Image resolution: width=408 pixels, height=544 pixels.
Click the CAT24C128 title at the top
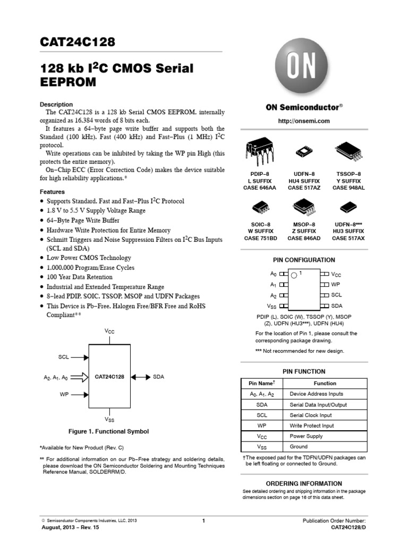pos(78,42)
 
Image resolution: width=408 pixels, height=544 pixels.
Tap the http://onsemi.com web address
pos(304,121)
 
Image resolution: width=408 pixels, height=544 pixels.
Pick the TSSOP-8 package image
pos(348,151)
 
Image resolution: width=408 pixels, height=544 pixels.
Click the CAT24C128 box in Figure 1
pos(109,377)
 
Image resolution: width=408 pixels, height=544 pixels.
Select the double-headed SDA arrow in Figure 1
pos(140,377)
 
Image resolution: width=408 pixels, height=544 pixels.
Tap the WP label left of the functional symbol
pos(64,395)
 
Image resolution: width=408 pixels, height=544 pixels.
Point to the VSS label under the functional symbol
pos(110,419)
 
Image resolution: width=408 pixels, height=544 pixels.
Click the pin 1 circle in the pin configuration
pos(294,274)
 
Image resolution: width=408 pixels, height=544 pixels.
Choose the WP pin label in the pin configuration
pos(336,285)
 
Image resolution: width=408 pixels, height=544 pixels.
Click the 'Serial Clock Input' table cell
pos(311,415)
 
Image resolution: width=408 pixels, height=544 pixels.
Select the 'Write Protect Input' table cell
pos(312,426)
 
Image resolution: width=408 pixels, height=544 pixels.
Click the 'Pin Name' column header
pos(262,383)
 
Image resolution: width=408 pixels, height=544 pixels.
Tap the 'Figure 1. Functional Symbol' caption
pos(108,431)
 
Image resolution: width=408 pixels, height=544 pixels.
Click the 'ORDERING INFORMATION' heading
pos(303,483)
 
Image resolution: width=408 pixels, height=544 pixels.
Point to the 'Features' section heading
pos(53,192)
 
